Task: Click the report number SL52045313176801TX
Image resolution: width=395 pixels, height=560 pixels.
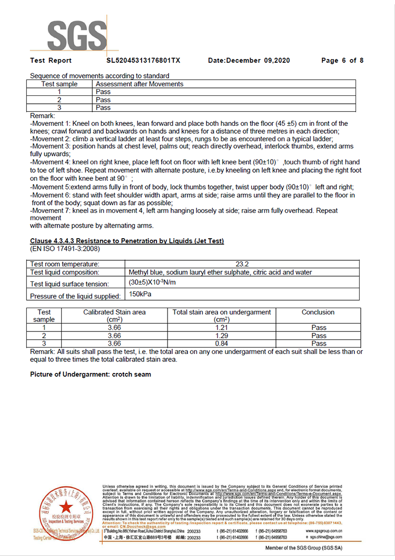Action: click(143, 61)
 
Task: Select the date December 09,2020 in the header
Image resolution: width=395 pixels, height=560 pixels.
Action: click(249, 61)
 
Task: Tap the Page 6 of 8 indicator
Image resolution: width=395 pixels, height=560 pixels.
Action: click(342, 61)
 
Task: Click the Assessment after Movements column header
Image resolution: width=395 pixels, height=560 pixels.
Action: click(140, 84)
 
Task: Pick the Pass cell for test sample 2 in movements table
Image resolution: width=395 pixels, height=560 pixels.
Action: click(103, 100)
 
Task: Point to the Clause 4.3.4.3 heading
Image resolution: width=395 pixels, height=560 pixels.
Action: click(127, 241)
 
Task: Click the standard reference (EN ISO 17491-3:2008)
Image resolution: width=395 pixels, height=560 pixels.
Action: click(65, 249)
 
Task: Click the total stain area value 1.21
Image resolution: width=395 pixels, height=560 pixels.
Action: click(221, 328)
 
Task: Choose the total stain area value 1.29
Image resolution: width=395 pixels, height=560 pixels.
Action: click(221, 336)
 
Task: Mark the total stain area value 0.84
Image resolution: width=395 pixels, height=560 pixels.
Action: click(221, 343)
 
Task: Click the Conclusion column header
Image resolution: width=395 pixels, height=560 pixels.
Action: click(318, 312)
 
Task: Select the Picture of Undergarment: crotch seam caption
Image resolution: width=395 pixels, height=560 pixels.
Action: click(91, 375)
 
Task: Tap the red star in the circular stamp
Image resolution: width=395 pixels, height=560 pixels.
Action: click(66, 507)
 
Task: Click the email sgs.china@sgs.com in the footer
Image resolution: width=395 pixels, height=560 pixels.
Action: click(323, 537)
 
